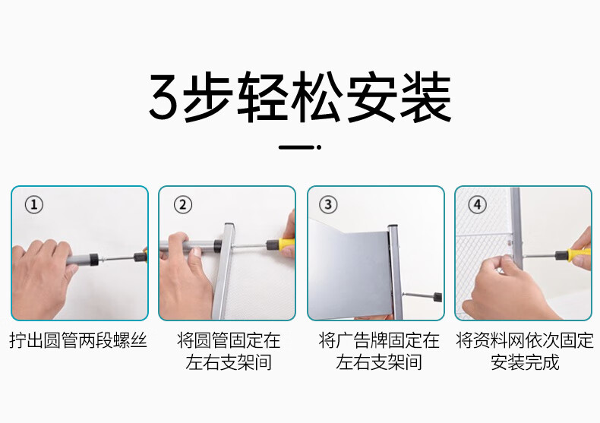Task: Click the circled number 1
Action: [x=34, y=204]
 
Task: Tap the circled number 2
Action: [x=183, y=204]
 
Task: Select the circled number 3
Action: [x=328, y=204]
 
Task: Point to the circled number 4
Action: [x=477, y=204]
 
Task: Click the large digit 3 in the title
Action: [x=164, y=96]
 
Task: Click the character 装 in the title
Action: [x=425, y=96]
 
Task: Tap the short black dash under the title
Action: [x=297, y=147]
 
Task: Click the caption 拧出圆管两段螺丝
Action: [x=78, y=340]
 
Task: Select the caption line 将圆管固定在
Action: [x=229, y=340]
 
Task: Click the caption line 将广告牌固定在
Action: [x=379, y=340]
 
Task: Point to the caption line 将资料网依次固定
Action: [x=525, y=340]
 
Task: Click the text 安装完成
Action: [x=525, y=362]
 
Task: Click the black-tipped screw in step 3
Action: [x=422, y=296]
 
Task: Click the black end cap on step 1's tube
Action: [x=93, y=260]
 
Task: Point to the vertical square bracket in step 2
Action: [x=225, y=271]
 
